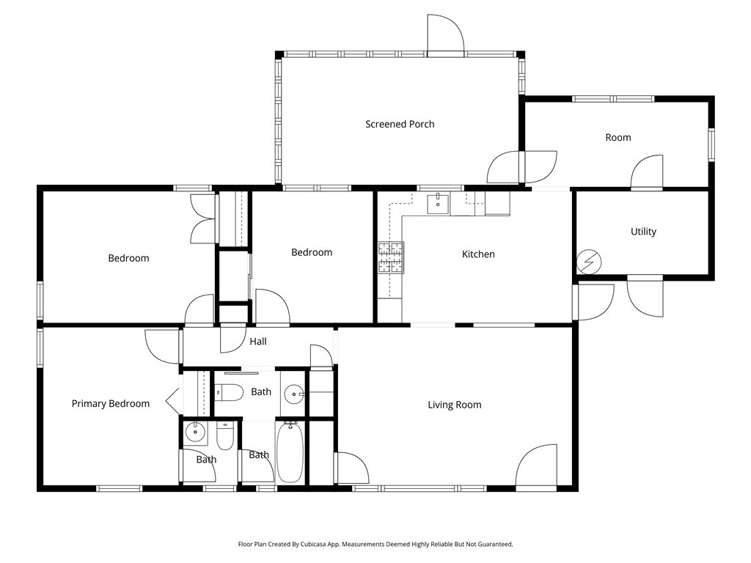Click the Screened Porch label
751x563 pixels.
[x=400, y=124]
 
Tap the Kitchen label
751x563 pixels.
[x=478, y=254]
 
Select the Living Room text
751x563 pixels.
[x=455, y=405]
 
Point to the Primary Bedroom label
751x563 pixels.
[x=111, y=404]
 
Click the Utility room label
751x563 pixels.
[x=643, y=232]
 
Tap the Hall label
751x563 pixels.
[x=258, y=342]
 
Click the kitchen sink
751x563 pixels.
[x=439, y=204]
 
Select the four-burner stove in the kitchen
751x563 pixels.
[x=391, y=257]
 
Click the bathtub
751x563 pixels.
[x=290, y=452]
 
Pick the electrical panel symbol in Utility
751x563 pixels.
[x=589, y=262]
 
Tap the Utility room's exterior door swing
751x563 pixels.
[x=645, y=298]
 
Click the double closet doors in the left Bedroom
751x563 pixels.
[x=202, y=218]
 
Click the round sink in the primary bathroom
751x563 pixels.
[x=195, y=433]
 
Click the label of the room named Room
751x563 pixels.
[x=618, y=138]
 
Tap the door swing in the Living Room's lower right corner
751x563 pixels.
[x=536, y=465]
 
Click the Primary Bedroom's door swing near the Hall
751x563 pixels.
[x=164, y=346]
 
